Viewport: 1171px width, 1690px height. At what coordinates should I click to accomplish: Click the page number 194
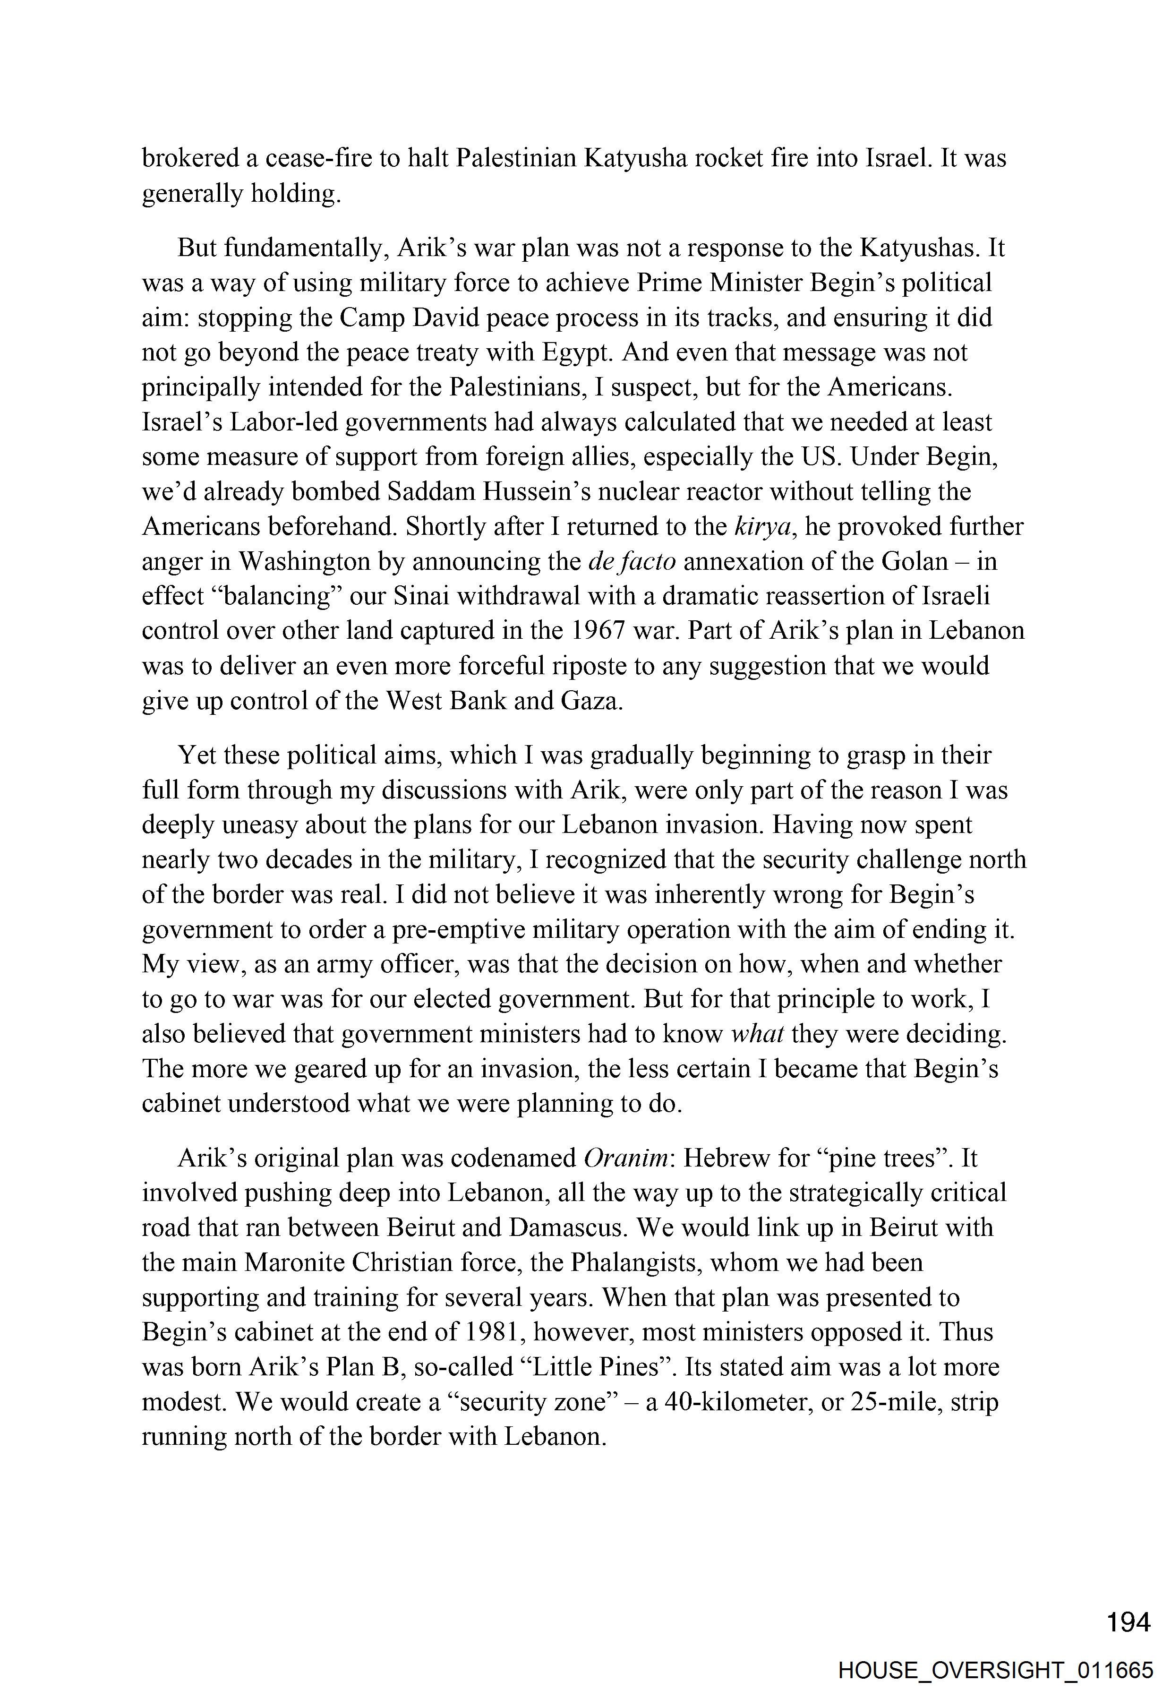pos(1128,1622)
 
